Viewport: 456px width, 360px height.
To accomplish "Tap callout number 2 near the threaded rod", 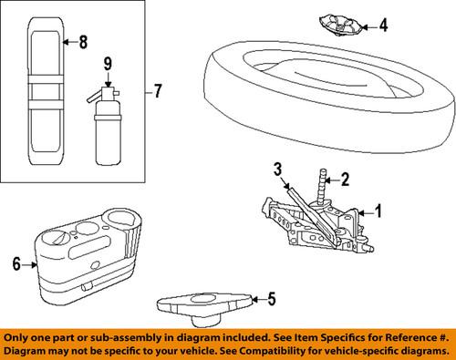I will (x=346, y=178).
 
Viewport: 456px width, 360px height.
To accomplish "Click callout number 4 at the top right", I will (x=384, y=25).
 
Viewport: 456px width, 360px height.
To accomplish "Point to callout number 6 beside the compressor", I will (x=15, y=264).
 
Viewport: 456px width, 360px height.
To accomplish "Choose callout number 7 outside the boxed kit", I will (x=158, y=91).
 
